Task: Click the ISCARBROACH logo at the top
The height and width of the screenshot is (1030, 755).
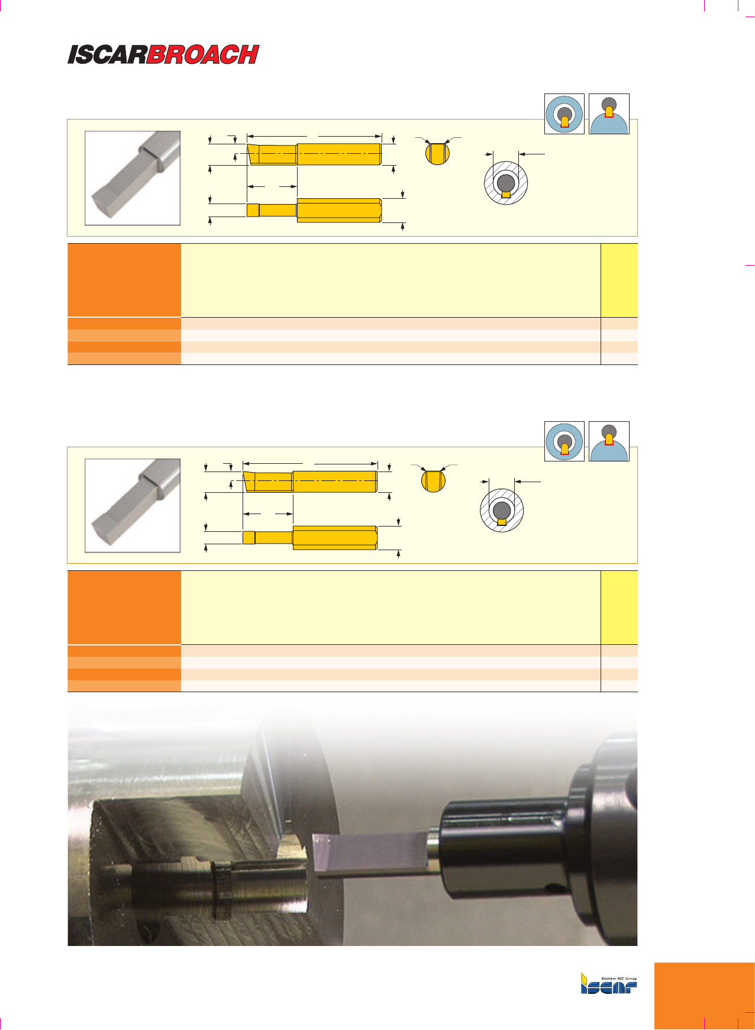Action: (x=163, y=54)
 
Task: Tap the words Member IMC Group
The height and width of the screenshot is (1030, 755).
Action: (x=619, y=979)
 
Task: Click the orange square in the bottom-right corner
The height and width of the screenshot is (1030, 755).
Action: (x=705, y=996)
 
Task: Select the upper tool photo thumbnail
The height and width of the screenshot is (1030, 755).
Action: (x=133, y=178)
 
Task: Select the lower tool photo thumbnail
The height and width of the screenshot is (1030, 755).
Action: (x=133, y=506)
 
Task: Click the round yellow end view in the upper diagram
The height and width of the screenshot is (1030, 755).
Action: (x=438, y=153)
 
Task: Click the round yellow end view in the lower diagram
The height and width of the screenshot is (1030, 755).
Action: (x=434, y=480)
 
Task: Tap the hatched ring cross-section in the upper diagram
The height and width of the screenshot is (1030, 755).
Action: (x=506, y=183)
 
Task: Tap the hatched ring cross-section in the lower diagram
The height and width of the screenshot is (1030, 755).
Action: (x=502, y=511)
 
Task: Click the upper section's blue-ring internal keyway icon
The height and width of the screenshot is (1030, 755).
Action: (x=564, y=114)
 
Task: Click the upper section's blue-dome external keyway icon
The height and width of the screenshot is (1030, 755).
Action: (x=609, y=114)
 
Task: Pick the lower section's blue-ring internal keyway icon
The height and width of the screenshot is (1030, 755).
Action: (x=564, y=441)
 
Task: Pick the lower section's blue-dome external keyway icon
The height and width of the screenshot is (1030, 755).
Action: (x=609, y=441)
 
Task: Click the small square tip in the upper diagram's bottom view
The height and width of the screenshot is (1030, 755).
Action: (x=253, y=211)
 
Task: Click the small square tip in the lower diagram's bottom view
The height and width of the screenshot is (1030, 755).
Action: (x=249, y=537)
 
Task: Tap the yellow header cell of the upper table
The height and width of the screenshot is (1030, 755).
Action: (x=620, y=280)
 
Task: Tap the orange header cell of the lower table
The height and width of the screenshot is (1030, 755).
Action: (x=124, y=608)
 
